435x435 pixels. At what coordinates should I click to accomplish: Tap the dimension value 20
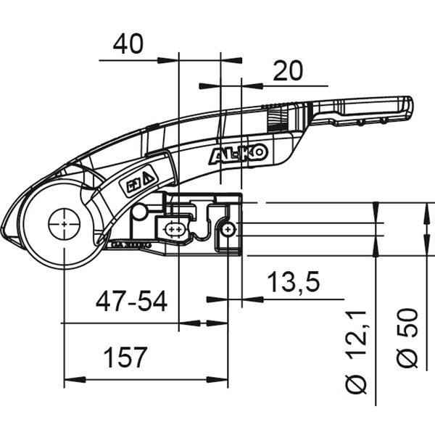[287, 71]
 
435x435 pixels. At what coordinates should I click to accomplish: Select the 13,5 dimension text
[294, 283]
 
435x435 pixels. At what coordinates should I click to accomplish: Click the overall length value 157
[124, 357]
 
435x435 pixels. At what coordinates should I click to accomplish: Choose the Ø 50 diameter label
[409, 339]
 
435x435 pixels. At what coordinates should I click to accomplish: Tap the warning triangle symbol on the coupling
[148, 177]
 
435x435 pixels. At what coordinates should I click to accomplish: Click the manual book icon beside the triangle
[134, 185]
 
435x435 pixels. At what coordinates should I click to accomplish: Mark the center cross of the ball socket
[65, 225]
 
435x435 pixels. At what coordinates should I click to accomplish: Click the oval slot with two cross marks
[175, 230]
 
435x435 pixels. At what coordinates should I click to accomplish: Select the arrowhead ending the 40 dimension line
[173, 59]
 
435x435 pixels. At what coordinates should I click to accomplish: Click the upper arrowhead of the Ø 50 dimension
[424, 208]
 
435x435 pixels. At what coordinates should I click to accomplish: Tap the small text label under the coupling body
[130, 246]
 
